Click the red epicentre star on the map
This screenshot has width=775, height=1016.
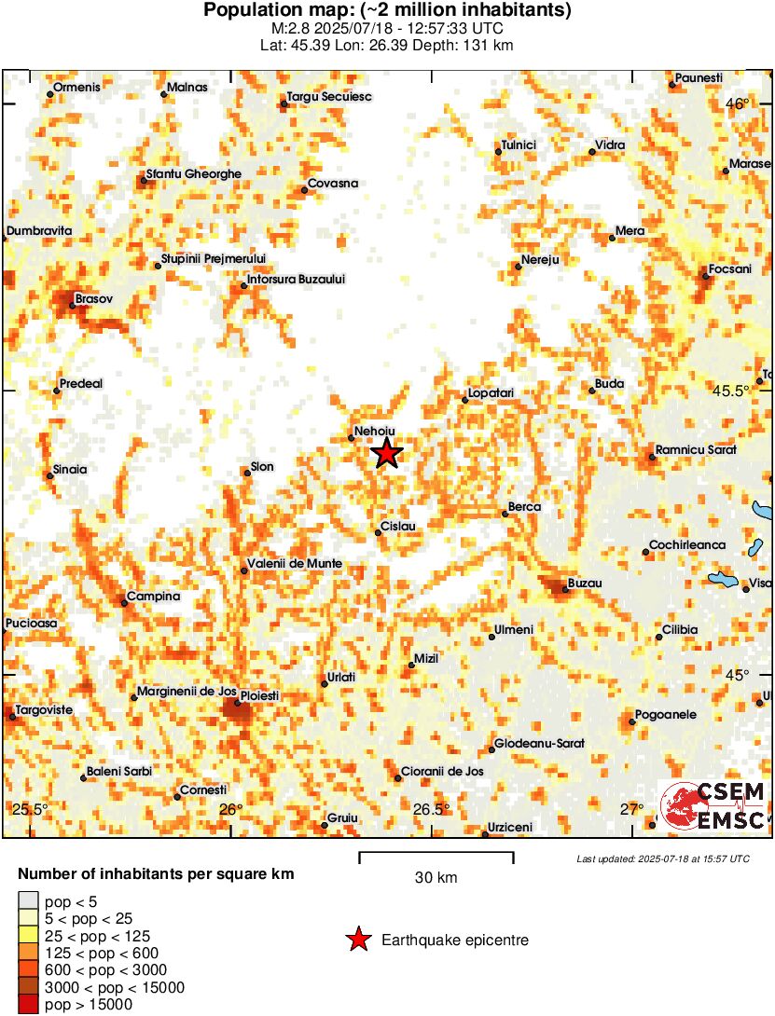pos(387,454)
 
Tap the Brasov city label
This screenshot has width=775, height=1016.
pos(93,299)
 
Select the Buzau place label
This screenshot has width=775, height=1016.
pos(585,584)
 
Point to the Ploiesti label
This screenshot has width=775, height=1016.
pos(260,696)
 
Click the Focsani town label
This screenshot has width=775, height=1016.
pos(730,269)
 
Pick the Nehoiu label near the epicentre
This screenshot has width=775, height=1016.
pos(376,432)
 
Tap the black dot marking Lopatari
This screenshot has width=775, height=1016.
pos(465,400)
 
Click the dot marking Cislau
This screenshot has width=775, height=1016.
pos(378,532)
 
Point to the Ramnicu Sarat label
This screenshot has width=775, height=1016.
pos(696,450)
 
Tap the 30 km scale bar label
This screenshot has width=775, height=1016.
pos(436,877)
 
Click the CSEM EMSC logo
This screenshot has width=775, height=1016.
pos(713,805)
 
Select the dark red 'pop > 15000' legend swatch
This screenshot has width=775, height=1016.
pos(28,1004)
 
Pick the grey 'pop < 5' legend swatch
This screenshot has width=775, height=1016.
pos(28,900)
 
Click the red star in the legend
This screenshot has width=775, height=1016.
pos(357,940)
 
